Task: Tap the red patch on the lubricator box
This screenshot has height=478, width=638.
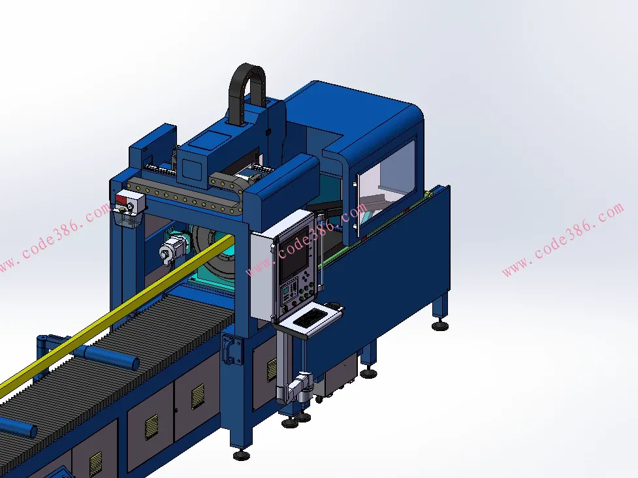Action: click(121, 199)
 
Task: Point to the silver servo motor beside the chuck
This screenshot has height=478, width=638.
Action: click(173, 249)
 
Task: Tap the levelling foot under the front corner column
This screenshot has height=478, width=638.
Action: click(241, 454)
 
